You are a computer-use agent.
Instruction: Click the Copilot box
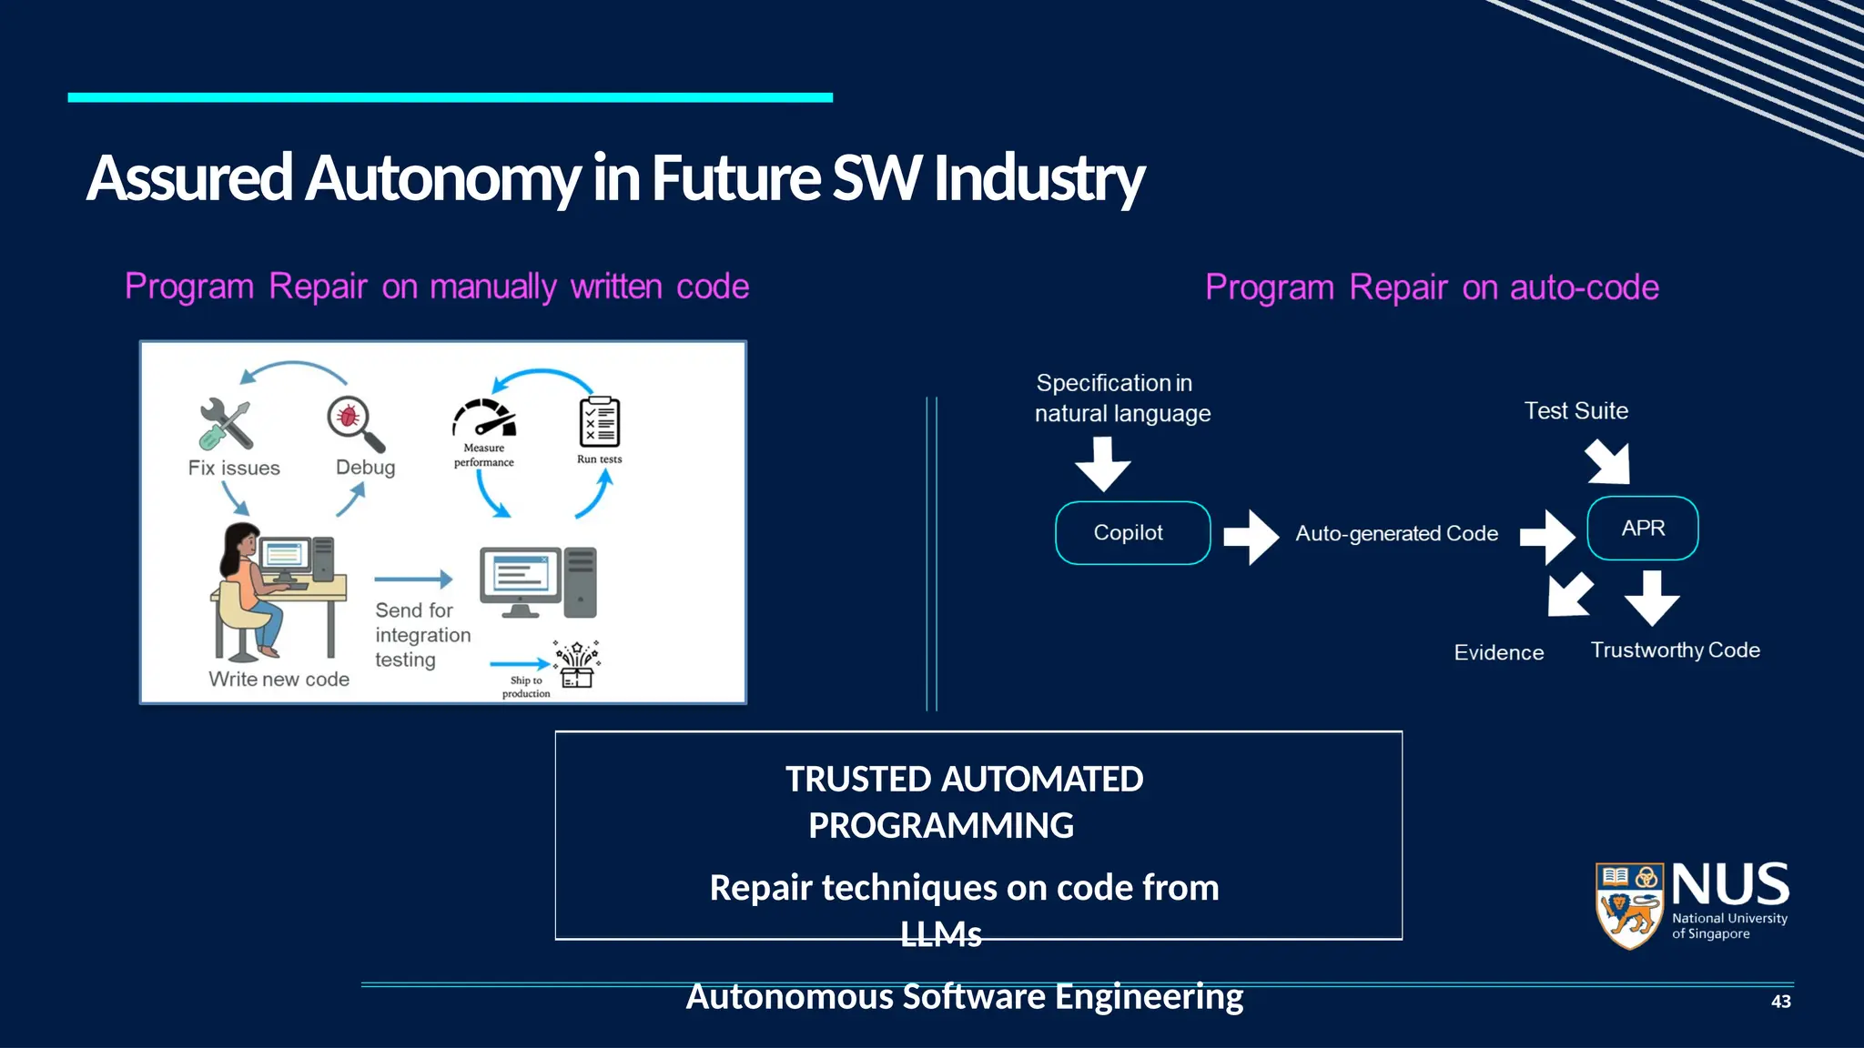tap(1132, 533)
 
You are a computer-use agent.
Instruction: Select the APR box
tap(1642, 529)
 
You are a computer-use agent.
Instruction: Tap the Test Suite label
tap(1575, 411)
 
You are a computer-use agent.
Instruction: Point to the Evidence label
tap(1498, 652)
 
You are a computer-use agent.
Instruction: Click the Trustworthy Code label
tap(1675, 650)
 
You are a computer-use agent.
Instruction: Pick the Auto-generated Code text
tap(1396, 533)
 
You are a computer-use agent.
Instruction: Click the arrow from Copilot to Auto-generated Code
tap(1251, 537)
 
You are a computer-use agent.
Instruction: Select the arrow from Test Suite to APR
tap(1609, 462)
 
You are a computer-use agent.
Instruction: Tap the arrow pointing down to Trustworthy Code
tap(1652, 597)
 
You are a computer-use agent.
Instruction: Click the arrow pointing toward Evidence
tap(1569, 595)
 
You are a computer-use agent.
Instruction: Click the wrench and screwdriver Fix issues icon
tap(225, 424)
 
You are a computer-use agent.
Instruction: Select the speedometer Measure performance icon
tap(484, 419)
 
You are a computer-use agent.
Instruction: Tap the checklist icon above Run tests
tap(599, 422)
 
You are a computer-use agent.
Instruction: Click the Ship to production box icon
tap(577, 665)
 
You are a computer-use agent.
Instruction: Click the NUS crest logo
tap(1629, 906)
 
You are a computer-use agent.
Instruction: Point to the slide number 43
tap(1780, 1002)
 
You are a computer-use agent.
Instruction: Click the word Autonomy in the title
tap(442, 178)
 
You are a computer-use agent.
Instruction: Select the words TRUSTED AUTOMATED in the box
tap(964, 780)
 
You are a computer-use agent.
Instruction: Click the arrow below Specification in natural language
tap(1102, 463)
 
